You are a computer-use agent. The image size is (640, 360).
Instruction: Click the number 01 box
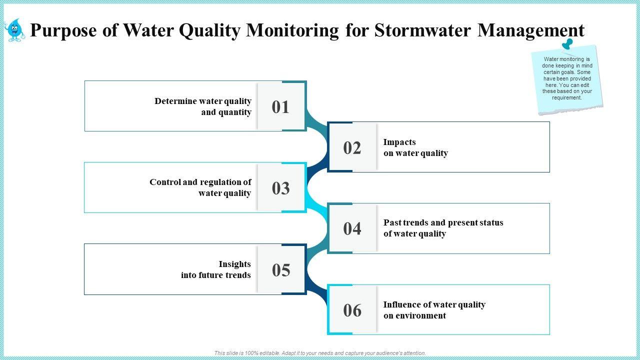point(280,106)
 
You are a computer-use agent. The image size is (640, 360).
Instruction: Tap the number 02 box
point(352,147)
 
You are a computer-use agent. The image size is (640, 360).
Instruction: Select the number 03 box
point(280,188)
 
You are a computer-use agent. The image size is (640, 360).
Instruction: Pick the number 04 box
point(352,228)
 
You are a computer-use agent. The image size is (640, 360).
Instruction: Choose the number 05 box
point(280,270)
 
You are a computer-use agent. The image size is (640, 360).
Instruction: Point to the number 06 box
point(352,310)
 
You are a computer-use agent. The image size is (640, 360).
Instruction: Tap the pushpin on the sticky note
point(567,44)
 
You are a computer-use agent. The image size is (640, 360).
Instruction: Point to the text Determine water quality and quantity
point(202,106)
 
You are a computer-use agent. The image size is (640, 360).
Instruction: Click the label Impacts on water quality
point(415,147)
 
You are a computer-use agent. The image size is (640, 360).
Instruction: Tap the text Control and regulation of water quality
point(200,187)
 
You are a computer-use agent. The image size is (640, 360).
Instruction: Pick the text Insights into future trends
point(216,269)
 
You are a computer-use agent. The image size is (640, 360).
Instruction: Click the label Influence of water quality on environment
point(434,310)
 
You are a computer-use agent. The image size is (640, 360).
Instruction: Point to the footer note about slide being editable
point(320,353)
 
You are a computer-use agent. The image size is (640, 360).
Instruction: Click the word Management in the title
point(530,30)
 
